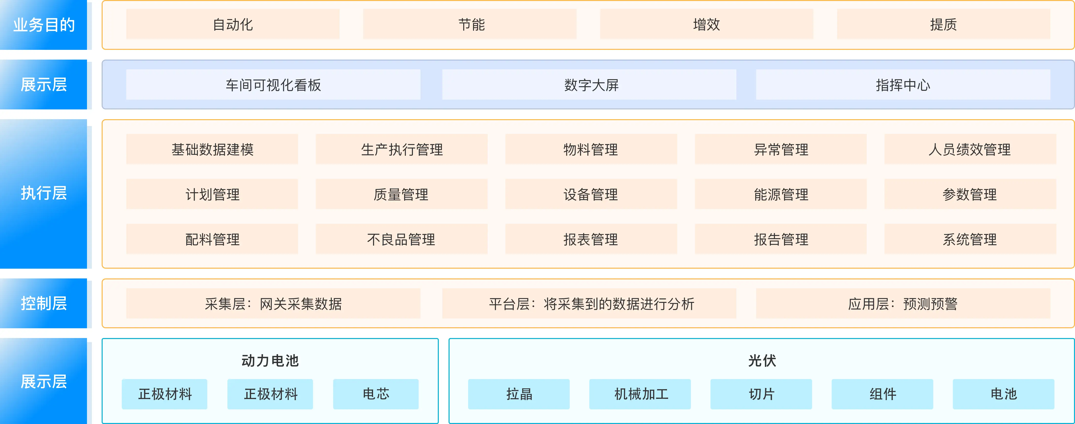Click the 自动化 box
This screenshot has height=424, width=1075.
click(x=233, y=24)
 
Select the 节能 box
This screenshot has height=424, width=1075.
click(x=470, y=24)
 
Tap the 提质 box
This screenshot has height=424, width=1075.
click(x=944, y=24)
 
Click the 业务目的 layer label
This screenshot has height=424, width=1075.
click(x=43, y=25)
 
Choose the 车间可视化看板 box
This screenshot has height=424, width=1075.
click(x=273, y=85)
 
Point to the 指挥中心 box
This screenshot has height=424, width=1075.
click(x=903, y=85)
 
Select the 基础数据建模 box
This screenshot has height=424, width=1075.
click(x=212, y=149)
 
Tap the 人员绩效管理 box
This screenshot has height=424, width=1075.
click(x=970, y=149)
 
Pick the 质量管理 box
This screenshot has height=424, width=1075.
click(x=401, y=194)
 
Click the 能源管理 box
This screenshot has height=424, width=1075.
click(x=781, y=194)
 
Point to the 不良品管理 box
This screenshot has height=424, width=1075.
click(x=401, y=239)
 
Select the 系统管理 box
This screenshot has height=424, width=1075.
click(x=970, y=239)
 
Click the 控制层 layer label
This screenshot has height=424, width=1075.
click(x=43, y=303)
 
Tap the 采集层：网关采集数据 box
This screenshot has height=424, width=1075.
click(x=273, y=303)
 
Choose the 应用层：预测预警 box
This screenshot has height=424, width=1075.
click(x=903, y=303)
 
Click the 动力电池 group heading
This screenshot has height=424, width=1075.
click(x=270, y=360)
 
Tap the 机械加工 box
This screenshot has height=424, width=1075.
click(x=640, y=394)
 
